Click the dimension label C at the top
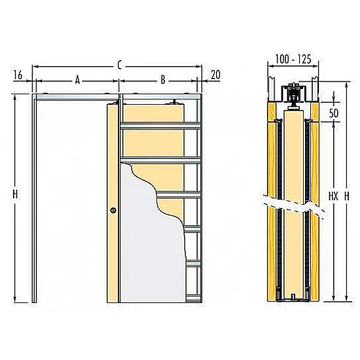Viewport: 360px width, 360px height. [119, 65]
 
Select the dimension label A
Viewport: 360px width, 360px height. [78, 80]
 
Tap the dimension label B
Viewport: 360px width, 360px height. [163, 80]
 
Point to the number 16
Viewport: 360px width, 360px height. [18, 75]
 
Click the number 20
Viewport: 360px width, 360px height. [215, 75]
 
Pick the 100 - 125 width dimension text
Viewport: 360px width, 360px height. [293, 59]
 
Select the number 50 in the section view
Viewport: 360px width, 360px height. [334, 113]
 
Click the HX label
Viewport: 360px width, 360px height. [333, 196]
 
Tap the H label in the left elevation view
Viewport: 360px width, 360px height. [15, 194]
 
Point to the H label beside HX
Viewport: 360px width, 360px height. [347, 196]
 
